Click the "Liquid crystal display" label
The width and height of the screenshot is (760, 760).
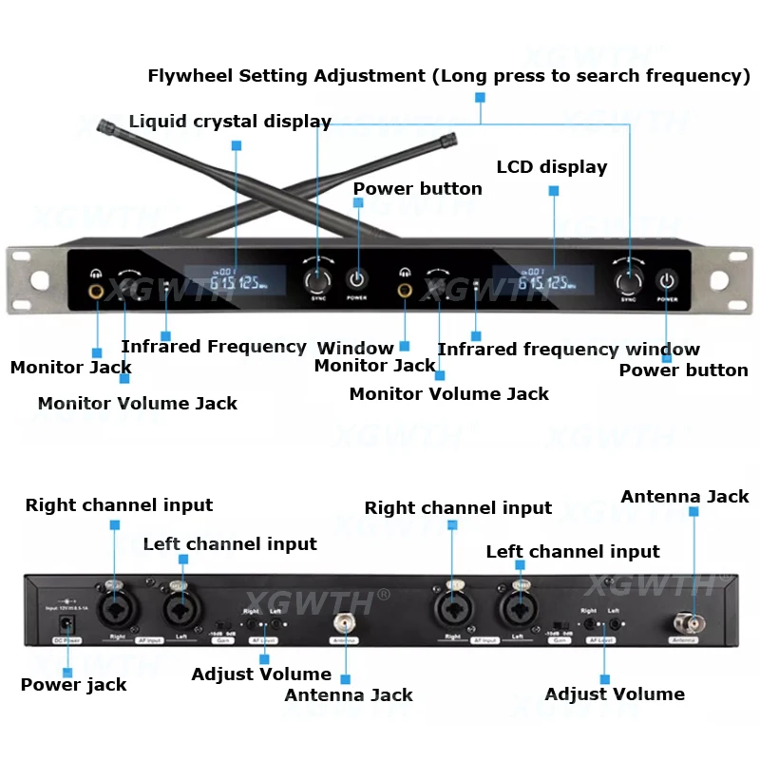pyautogui.click(x=230, y=122)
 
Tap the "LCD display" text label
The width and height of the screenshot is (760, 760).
pyautogui.click(x=551, y=167)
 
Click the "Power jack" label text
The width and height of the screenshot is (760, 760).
pyautogui.click(x=73, y=684)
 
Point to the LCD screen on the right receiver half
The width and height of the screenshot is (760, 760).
pyautogui.click(x=543, y=280)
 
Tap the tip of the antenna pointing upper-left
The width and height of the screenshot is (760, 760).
pyautogui.click(x=104, y=124)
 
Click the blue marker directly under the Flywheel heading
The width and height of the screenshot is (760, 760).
pyautogui.click(x=480, y=97)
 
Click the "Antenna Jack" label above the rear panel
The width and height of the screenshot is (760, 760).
pyautogui.click(x=684, y=497)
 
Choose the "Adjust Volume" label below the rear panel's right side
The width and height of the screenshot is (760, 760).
pyautogui.click(x=615, y=694)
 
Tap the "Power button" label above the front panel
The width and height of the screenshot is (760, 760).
pyautogui.click(x=417, y=189)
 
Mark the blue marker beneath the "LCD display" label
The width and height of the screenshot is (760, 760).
pyautogui.click(x=554, y=191)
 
